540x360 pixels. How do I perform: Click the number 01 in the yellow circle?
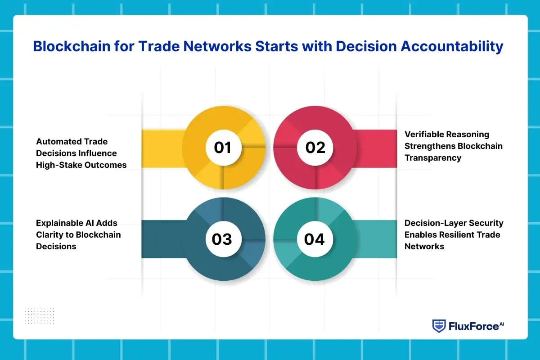222,147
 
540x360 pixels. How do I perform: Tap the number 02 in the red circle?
315,147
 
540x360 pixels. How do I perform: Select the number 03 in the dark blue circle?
222,239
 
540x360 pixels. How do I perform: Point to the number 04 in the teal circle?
314,239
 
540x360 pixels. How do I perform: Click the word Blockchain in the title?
72,46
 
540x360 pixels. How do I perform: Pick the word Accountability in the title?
452,46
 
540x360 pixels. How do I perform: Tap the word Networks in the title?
217,46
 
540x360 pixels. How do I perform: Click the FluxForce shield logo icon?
439,326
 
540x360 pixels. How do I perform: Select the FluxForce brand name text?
476,326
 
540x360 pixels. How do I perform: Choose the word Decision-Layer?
430,223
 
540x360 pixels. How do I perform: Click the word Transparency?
433,158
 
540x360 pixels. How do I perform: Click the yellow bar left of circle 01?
163,148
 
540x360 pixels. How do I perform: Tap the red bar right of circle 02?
375,148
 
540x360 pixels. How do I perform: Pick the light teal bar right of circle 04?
376,239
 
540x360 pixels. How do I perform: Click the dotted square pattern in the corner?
40,316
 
